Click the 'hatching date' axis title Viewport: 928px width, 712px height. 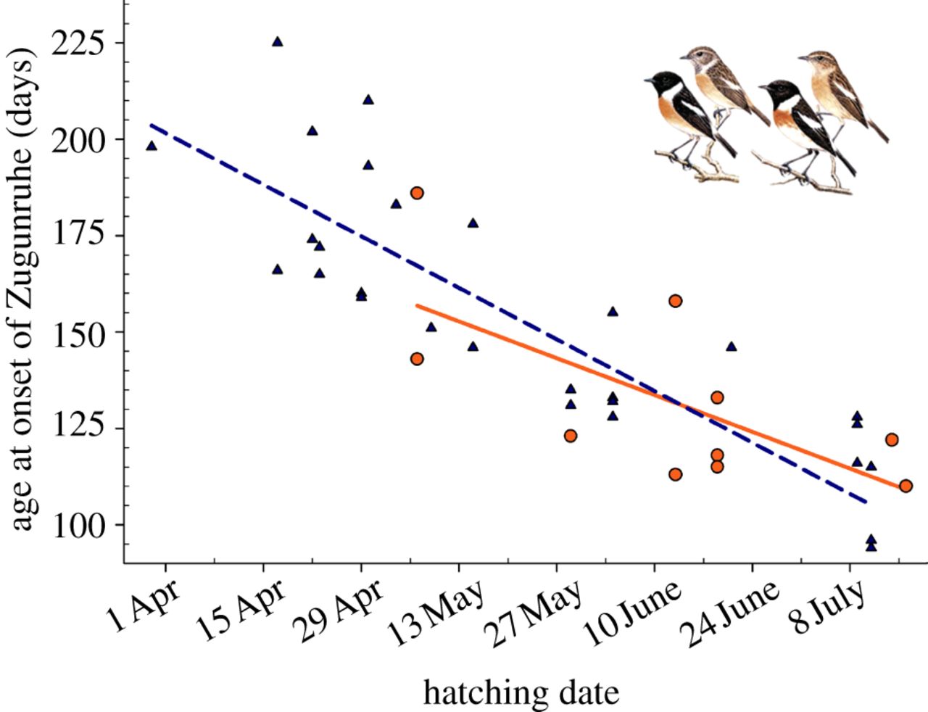click(x=521, y=692)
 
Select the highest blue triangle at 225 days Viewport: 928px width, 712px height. click(x=277, y=42)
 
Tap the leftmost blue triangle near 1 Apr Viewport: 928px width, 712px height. click(x=152, y=146)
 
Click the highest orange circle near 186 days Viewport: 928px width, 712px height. click(x=417, y=193)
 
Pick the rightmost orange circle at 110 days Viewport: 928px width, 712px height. click(x=906, y=486)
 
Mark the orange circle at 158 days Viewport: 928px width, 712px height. click(x=676, y=301)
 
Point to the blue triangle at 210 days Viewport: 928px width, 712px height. click(x=368, y=100)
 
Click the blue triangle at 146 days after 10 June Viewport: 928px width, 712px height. click(x=731, y=347)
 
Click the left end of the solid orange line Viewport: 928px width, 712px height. click(x=417, y=305)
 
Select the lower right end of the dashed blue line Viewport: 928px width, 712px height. click(x=866, y=501)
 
